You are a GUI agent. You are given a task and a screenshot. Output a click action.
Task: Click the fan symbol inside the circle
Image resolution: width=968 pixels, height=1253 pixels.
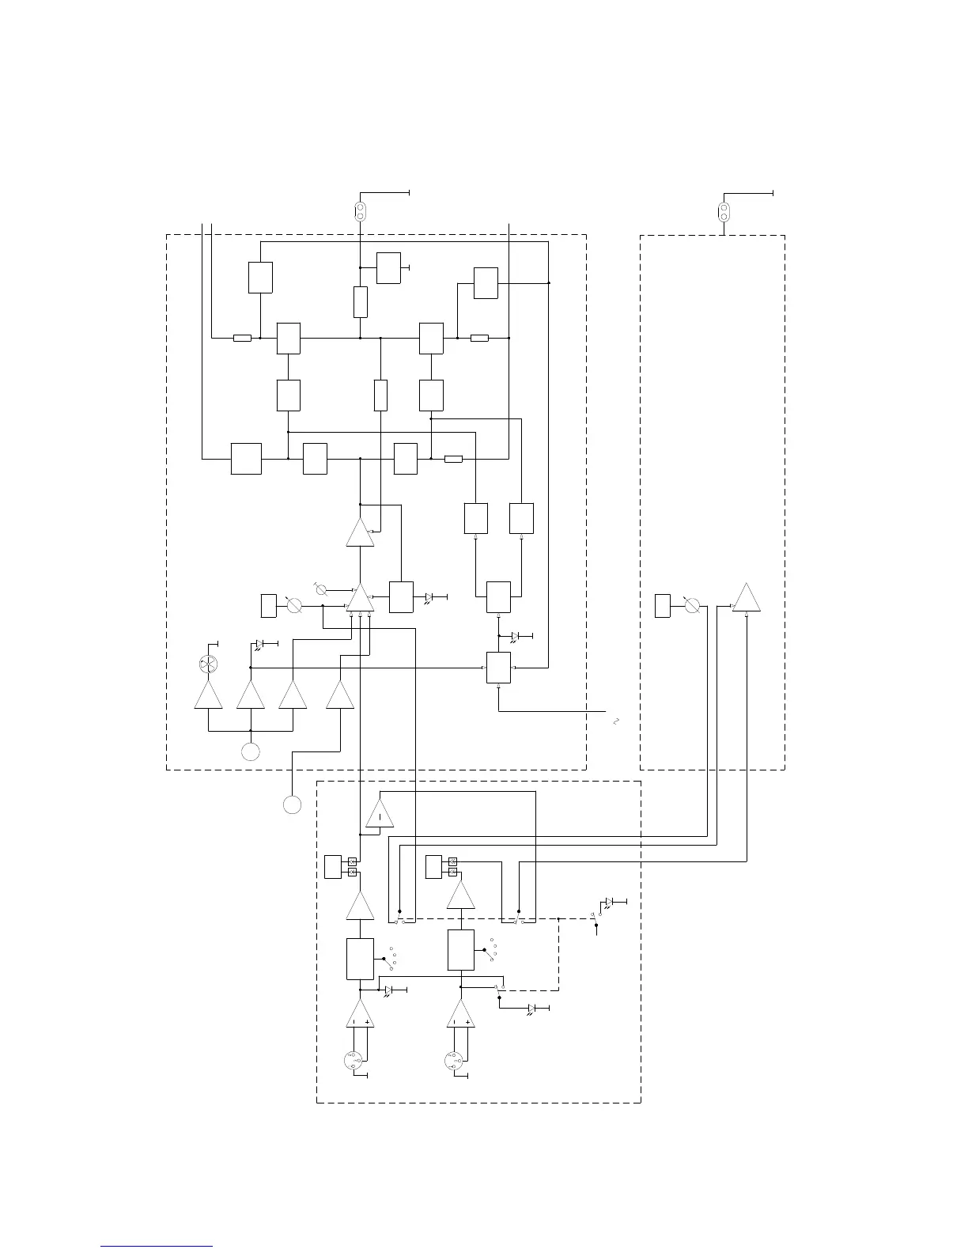pos(208,664)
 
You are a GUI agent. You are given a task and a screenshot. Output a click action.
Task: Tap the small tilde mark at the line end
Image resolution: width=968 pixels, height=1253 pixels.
pos(615,721)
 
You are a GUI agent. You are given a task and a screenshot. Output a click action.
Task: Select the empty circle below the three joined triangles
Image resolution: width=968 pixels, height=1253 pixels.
pos(250,751)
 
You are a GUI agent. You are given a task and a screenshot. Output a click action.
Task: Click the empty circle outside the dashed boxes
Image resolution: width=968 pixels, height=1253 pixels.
pos(292,804)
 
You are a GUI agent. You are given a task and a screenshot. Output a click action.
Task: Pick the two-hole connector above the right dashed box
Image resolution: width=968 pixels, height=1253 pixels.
pos(723,212)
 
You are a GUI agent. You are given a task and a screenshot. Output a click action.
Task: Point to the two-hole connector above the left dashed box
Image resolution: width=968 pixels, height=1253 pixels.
pos(360,211)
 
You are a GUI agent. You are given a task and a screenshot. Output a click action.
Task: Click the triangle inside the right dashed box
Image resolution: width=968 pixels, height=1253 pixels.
pos(747,599)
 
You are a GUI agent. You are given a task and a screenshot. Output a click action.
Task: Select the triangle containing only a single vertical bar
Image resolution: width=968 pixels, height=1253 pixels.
pos(380,814)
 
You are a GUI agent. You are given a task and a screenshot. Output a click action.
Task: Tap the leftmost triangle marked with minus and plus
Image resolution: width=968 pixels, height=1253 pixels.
pos(360,1015)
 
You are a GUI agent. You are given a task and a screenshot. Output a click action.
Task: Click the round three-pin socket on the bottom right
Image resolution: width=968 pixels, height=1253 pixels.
pos(453,1061)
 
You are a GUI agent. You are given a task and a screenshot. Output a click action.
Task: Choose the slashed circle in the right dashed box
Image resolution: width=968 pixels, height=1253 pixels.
pos(692,606)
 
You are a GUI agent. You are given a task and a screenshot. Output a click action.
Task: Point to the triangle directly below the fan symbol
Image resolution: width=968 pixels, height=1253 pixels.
pos(209,695)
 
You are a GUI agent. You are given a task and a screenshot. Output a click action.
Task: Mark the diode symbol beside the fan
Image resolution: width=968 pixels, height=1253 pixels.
pos(259,644)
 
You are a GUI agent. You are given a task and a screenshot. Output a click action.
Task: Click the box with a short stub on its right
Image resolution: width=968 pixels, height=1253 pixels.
pos(388,268)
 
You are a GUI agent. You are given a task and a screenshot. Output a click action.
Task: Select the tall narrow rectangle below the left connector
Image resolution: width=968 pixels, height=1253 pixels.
pos(360,302)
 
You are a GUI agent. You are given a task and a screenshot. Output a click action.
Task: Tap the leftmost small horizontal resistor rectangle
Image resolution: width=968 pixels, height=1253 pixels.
pos(242,338)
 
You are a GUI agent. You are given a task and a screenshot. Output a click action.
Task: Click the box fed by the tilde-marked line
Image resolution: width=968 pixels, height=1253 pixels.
pos(498,668)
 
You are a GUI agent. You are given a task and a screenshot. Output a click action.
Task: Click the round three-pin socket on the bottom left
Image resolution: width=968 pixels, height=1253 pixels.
pos(354,1061)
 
